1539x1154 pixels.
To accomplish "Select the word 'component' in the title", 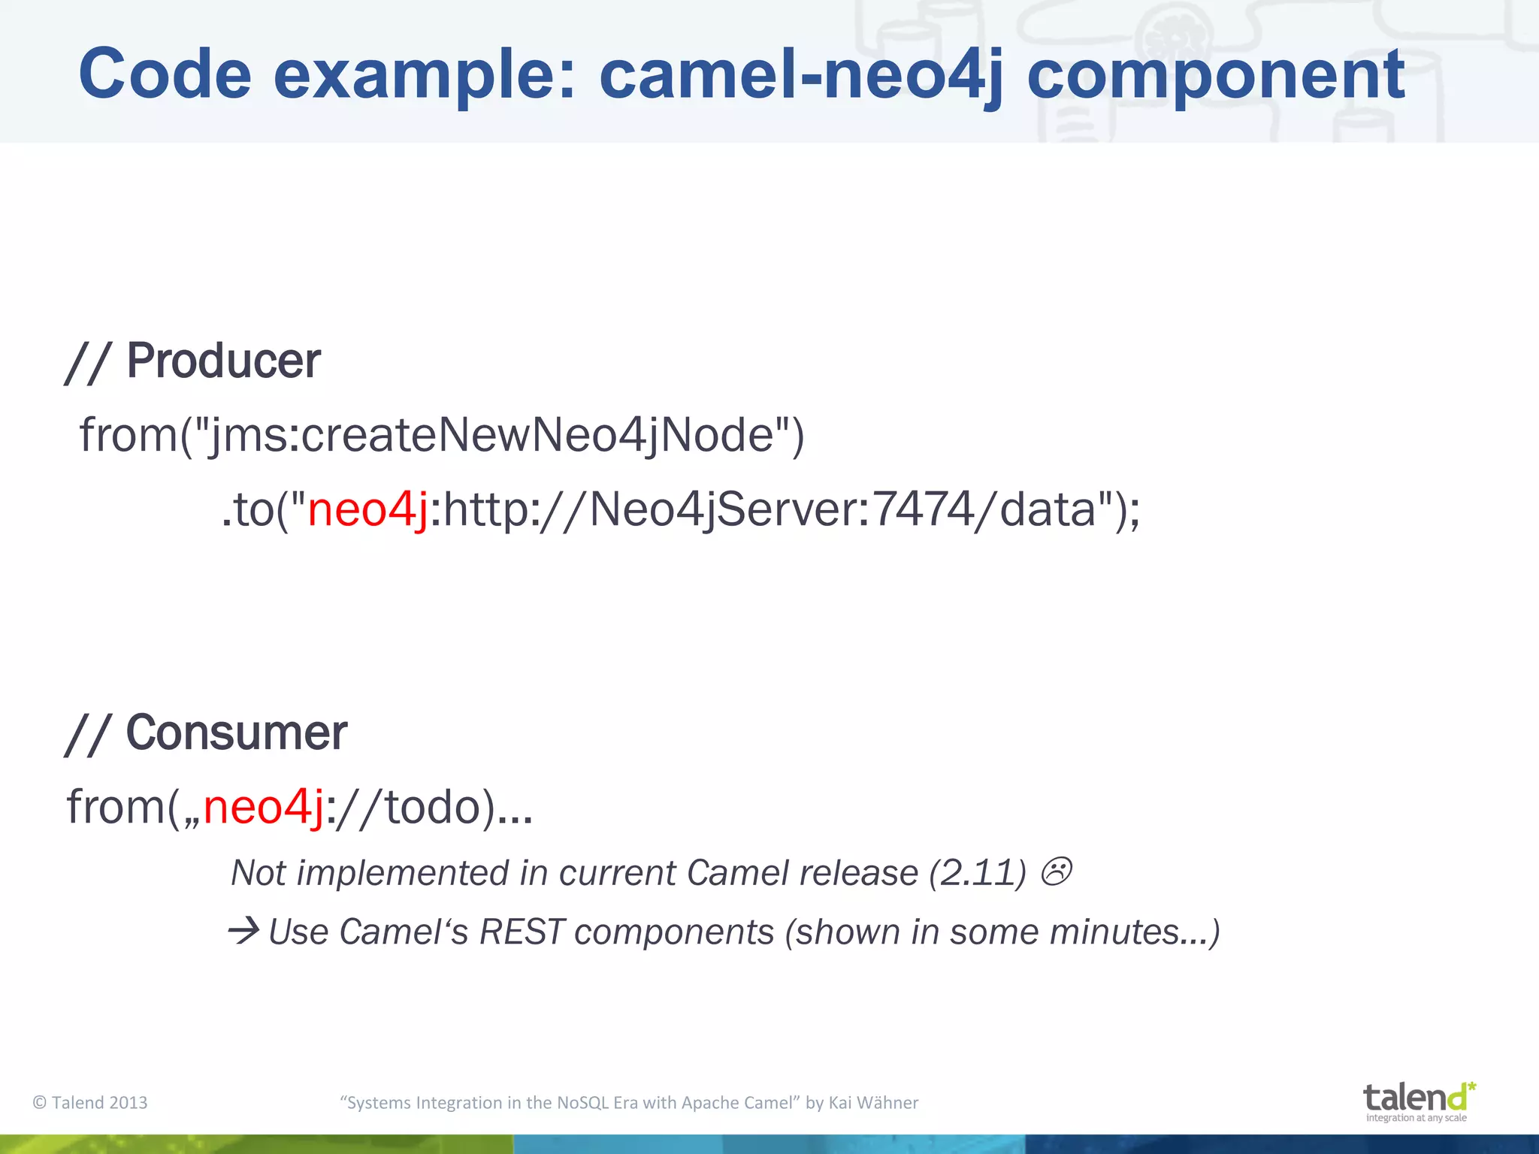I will click(1215, 75).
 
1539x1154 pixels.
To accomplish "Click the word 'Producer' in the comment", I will click(223, 361).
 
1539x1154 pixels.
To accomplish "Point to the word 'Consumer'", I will click(236, 733).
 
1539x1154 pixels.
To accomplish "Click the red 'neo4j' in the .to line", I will click(367, 509).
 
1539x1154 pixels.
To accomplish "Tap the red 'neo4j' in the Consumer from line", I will click(263, 807).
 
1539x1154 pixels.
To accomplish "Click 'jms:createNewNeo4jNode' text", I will click(491, 435).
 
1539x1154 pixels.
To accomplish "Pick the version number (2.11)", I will click(978, 873).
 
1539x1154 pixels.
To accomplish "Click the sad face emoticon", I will click(1056, 872).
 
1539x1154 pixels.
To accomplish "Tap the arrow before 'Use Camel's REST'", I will click(243, 932).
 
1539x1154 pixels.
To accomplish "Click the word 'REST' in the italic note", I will click(521, 932).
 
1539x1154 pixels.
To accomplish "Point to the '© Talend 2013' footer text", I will click(90, 1102).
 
